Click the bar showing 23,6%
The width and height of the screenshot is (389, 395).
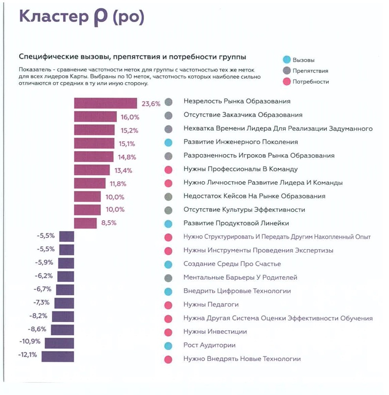tap(105, 103)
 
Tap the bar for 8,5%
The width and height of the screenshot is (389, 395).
tap(85, 223)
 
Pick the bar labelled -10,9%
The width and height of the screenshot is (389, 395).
tap(59, 343)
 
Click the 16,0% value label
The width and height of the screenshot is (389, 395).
tap(130, 117)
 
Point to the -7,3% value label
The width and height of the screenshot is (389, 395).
tap(41, 302)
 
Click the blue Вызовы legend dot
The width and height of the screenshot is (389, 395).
tap(287, 60)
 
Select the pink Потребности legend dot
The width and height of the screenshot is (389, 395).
tap(287, 82)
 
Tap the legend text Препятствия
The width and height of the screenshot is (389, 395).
tap(310, 71)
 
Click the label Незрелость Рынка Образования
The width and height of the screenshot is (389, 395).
tap(237, 101)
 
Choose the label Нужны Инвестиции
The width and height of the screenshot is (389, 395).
tap(215, 331)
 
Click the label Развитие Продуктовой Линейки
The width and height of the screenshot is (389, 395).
tap(236, 223)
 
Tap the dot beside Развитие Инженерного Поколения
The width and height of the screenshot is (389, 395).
tap(169, 142)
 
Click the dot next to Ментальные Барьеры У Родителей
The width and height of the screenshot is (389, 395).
tap(169, 278)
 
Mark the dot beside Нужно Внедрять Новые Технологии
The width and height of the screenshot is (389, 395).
tap(169, 359)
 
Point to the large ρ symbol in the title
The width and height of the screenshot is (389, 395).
tap(99, 18)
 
